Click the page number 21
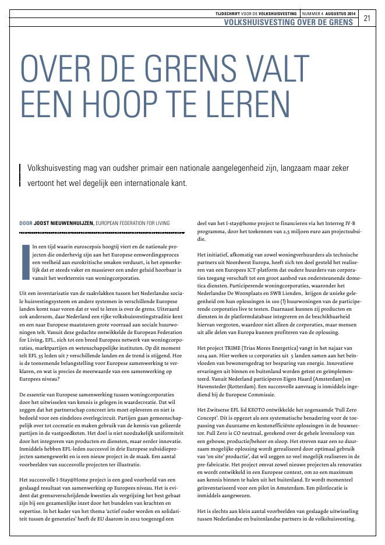click(367, 17)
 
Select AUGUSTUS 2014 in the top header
click(340, 12)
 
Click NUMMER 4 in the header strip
click(313, 12)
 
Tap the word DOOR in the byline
click(26, 222)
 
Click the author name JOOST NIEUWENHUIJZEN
click(65, 222)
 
